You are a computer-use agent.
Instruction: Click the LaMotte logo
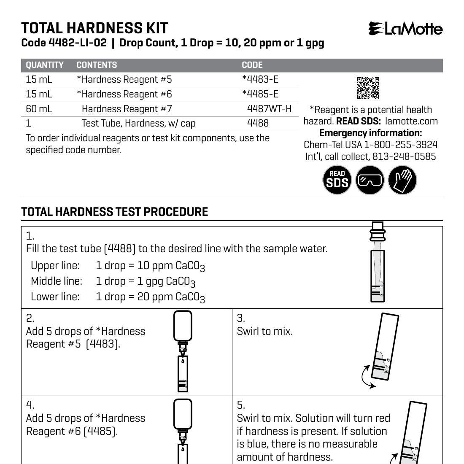coord(405,29)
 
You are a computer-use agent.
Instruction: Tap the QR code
coord(368,88)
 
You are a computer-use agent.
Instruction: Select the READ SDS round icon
coord(337,180)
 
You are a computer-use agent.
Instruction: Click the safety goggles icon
coord(370,180)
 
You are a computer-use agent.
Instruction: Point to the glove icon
coord(402,180)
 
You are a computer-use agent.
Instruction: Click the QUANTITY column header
coord(45,65)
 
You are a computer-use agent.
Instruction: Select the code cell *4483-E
coord(260,79)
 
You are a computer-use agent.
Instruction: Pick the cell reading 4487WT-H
coord(269,109)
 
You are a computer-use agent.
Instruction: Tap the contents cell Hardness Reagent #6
coord(124,94)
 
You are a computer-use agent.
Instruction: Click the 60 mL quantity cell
coord(39,109)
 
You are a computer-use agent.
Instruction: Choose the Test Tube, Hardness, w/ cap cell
coord(138,123)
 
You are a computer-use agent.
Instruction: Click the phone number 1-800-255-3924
coord(401,145)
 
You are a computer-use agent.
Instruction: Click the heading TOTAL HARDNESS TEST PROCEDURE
coord(115,212)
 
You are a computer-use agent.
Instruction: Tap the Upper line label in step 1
coord(55,265)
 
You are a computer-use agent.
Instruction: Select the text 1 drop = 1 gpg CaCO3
coord(146,281)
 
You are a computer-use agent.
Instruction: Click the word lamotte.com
coord(411,121)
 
